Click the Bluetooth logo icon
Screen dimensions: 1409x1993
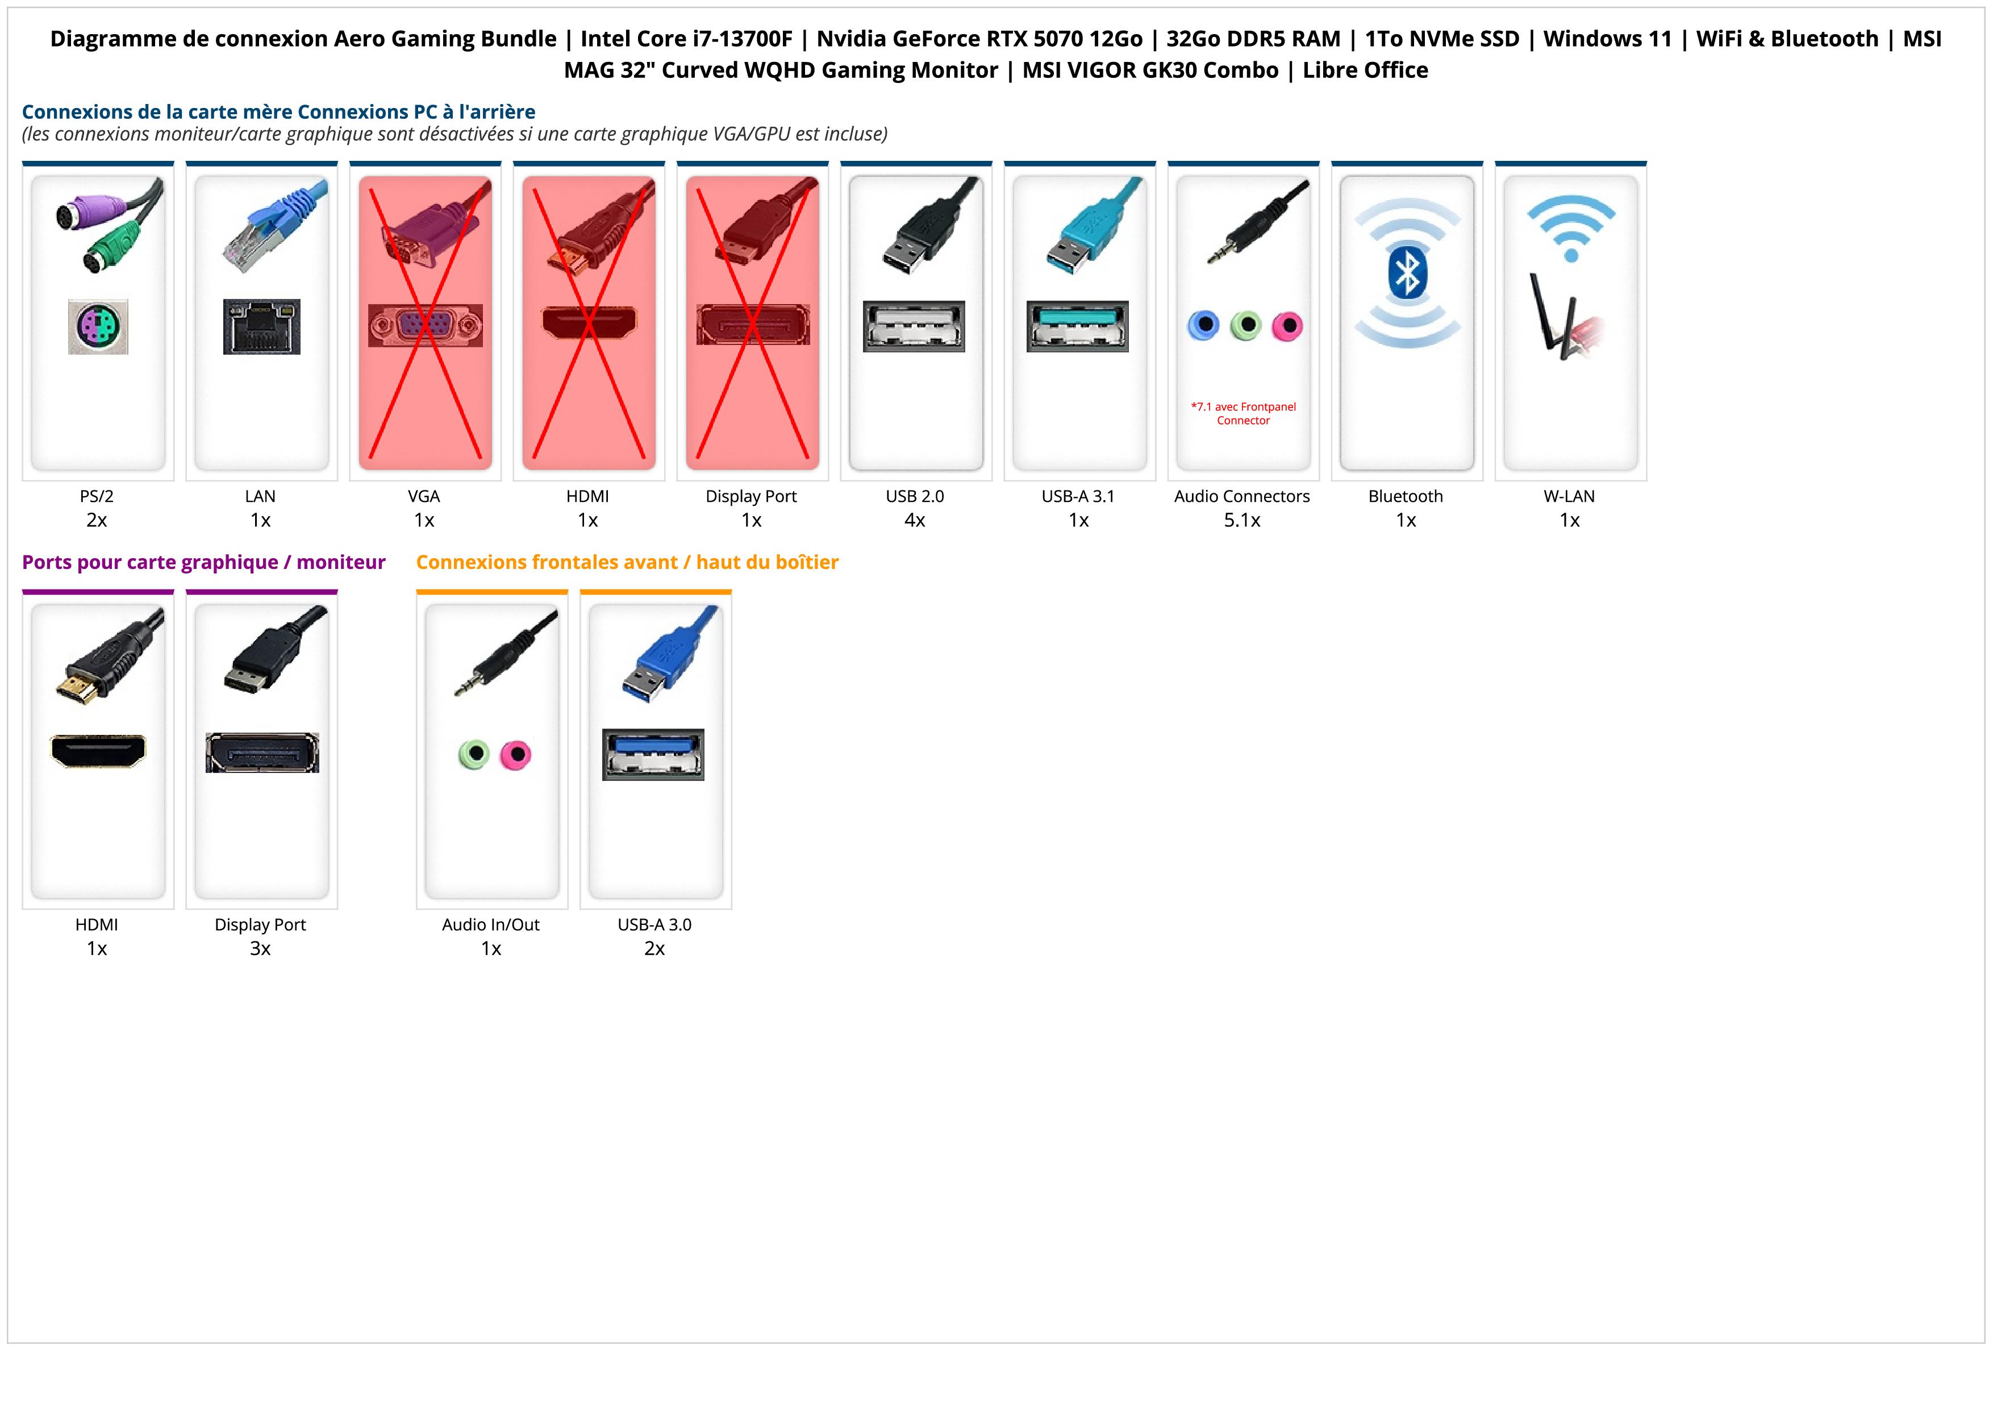point(1406,273)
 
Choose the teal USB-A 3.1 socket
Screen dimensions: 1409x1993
point(1077,326)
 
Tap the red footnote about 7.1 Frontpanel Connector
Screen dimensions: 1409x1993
point(1243,413)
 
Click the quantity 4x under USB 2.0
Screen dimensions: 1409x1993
point(914,520)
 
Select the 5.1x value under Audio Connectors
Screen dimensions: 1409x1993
point(1242,520)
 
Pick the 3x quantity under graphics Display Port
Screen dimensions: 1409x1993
point(260,948)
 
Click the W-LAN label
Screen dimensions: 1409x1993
point(1569,497)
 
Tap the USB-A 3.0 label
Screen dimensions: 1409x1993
point(654,925)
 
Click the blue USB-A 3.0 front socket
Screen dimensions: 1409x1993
point(653,754)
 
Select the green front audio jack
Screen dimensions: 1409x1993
point(473,754)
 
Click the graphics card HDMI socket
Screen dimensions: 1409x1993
point(98,750)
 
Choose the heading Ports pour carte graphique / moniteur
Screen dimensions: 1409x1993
point(203,563)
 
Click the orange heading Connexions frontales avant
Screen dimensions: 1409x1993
point(627,563)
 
